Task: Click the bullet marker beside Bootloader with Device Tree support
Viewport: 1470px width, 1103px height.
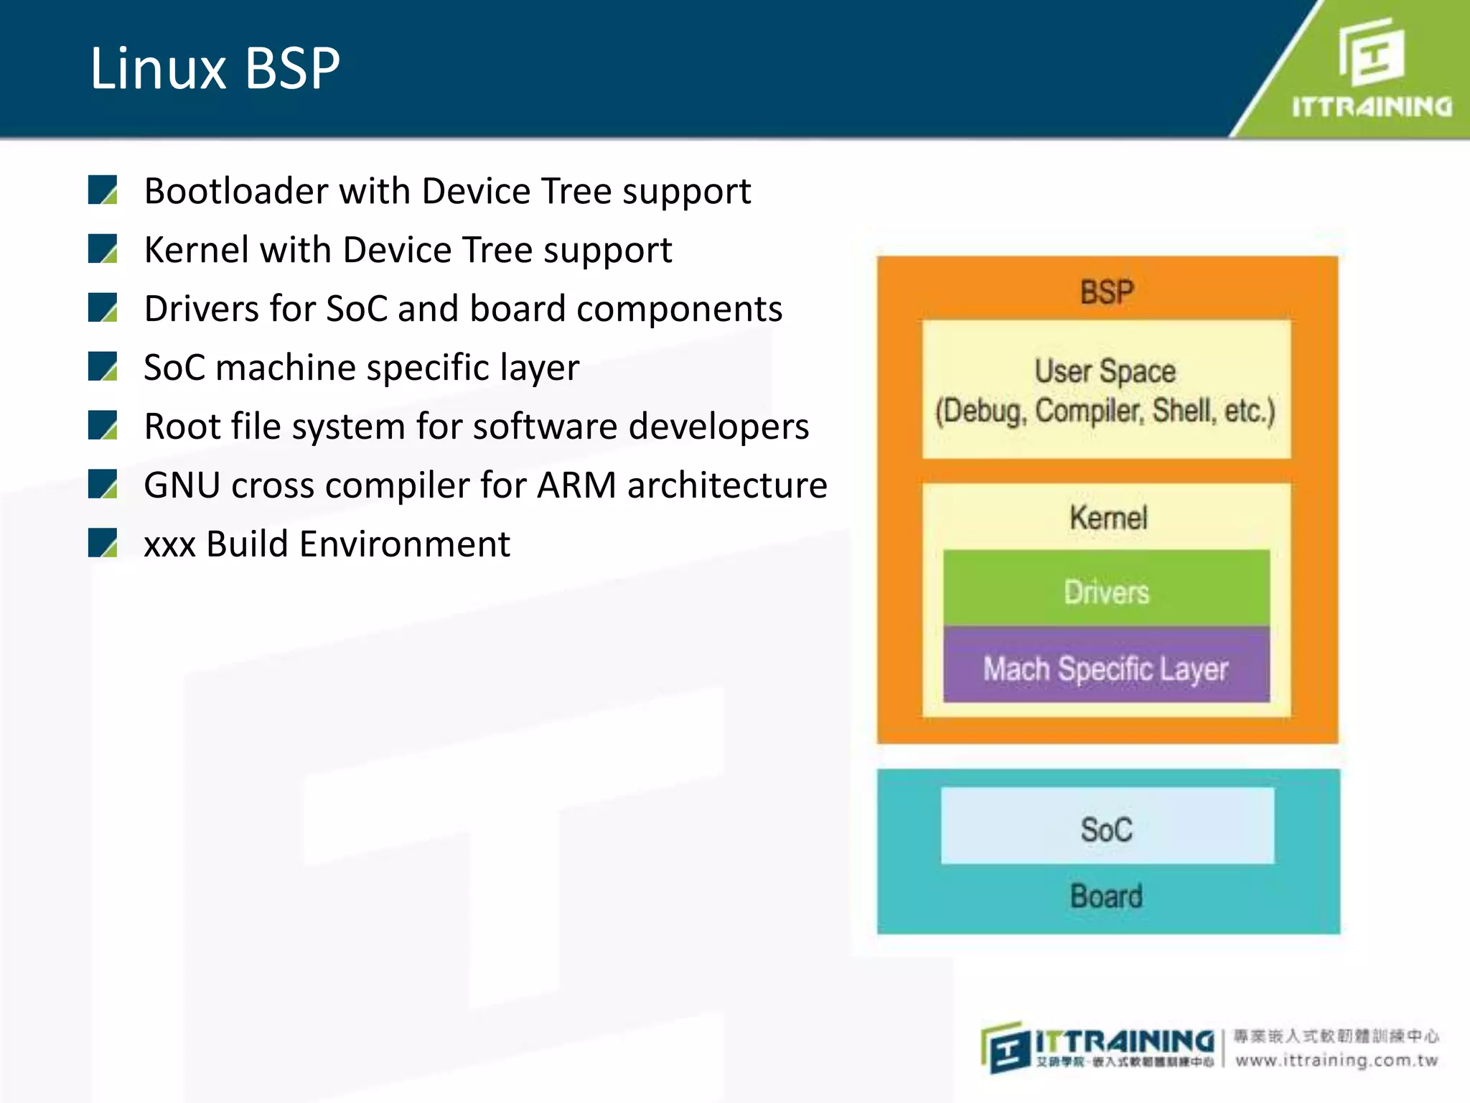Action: (103, 190)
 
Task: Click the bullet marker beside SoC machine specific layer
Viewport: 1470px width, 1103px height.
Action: (103, 366)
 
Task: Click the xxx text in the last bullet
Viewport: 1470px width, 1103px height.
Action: (169, 545)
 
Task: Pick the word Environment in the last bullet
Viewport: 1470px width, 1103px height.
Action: (405, 544)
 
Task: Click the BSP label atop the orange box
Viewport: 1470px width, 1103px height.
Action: (1107, 292)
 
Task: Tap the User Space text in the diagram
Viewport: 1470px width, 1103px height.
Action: (1105, 371)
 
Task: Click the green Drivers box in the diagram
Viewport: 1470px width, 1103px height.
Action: (1106, 592)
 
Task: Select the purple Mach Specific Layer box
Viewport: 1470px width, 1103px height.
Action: (1105, 668)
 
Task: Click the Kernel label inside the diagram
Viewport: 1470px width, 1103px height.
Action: (1108, 518)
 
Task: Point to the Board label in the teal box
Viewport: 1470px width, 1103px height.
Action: (1106, 896)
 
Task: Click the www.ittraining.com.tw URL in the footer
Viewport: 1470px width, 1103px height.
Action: (1336, 1061)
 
